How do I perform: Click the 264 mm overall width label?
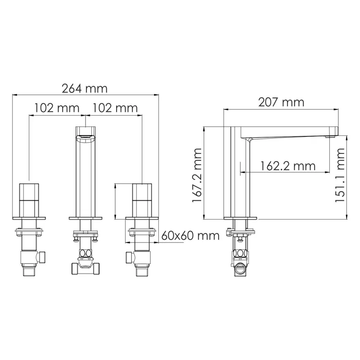click(85, 88)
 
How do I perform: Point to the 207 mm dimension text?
click(281, 102)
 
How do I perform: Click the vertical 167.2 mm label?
click(197, 176)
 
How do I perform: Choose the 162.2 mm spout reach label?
click(288, 166)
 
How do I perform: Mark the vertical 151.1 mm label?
click(340, 176)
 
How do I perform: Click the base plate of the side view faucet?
click(240, 218)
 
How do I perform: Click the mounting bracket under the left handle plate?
click(29, 232)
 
